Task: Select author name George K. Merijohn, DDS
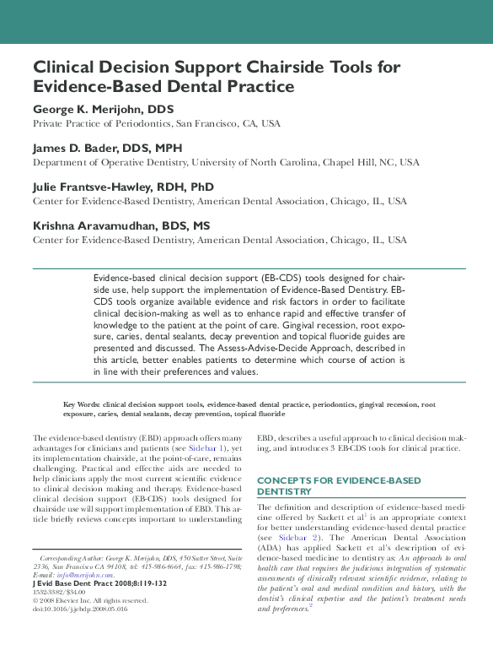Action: (x=103, y=110)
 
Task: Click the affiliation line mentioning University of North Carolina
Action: (x=225, y=162)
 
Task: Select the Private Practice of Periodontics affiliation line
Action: (x=157, y=123)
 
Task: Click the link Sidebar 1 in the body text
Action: (x=209, y=449)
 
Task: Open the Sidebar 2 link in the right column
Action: (x=294, y=536)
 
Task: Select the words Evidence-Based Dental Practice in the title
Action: (x=163, y=86)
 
